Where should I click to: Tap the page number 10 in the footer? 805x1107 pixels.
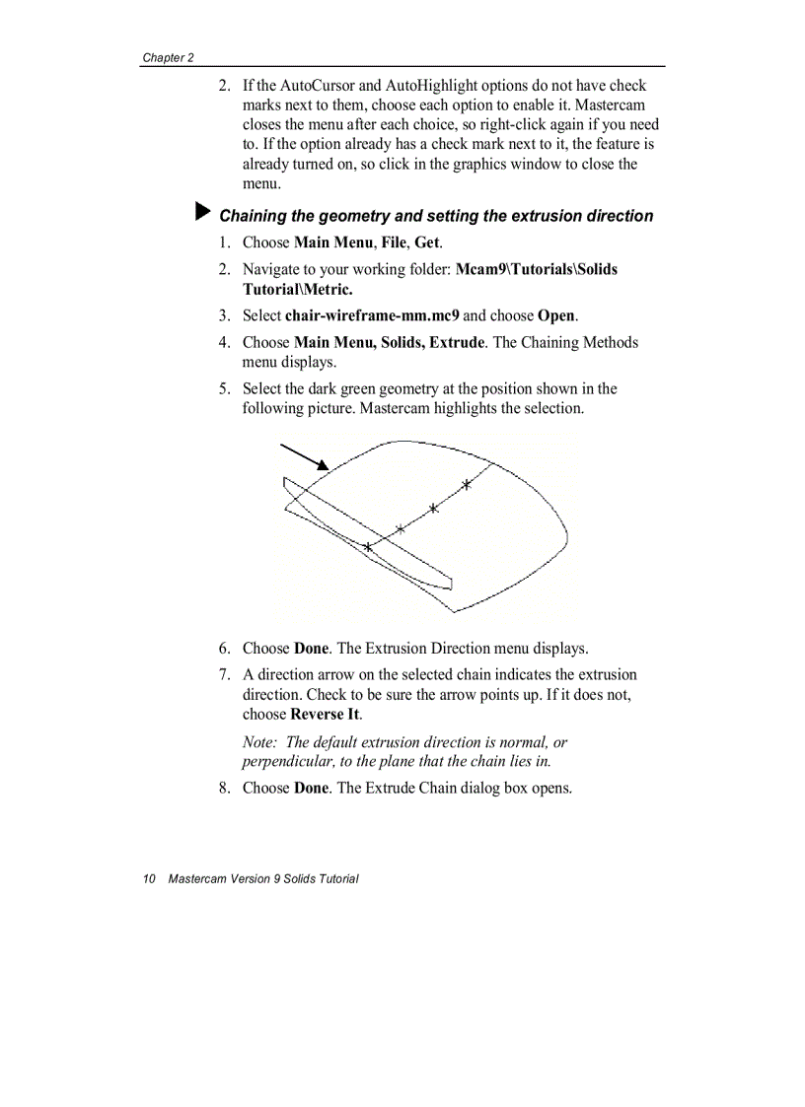149,878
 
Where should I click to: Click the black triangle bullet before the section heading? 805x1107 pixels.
203,213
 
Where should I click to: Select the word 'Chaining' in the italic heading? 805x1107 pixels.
252,216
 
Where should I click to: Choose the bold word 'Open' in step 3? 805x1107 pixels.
556,315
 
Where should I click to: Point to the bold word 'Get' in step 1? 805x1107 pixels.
426,242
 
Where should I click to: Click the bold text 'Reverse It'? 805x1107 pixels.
325,714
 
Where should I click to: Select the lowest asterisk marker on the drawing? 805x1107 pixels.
368,546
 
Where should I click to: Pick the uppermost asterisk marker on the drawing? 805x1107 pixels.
467,484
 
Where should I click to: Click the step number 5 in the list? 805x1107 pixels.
224,388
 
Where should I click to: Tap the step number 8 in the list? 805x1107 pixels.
224,788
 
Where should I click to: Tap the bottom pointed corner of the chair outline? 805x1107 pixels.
453,611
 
